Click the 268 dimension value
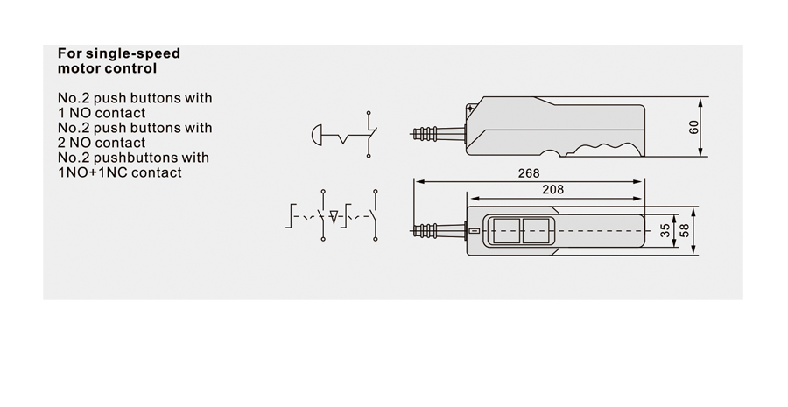tap(529, 173)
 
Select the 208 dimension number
tap(552, 189)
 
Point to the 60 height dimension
tap(693, 127)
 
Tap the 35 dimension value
tap(665, 231)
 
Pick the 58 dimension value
tap(684, 231)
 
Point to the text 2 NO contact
tap(102, 143)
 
